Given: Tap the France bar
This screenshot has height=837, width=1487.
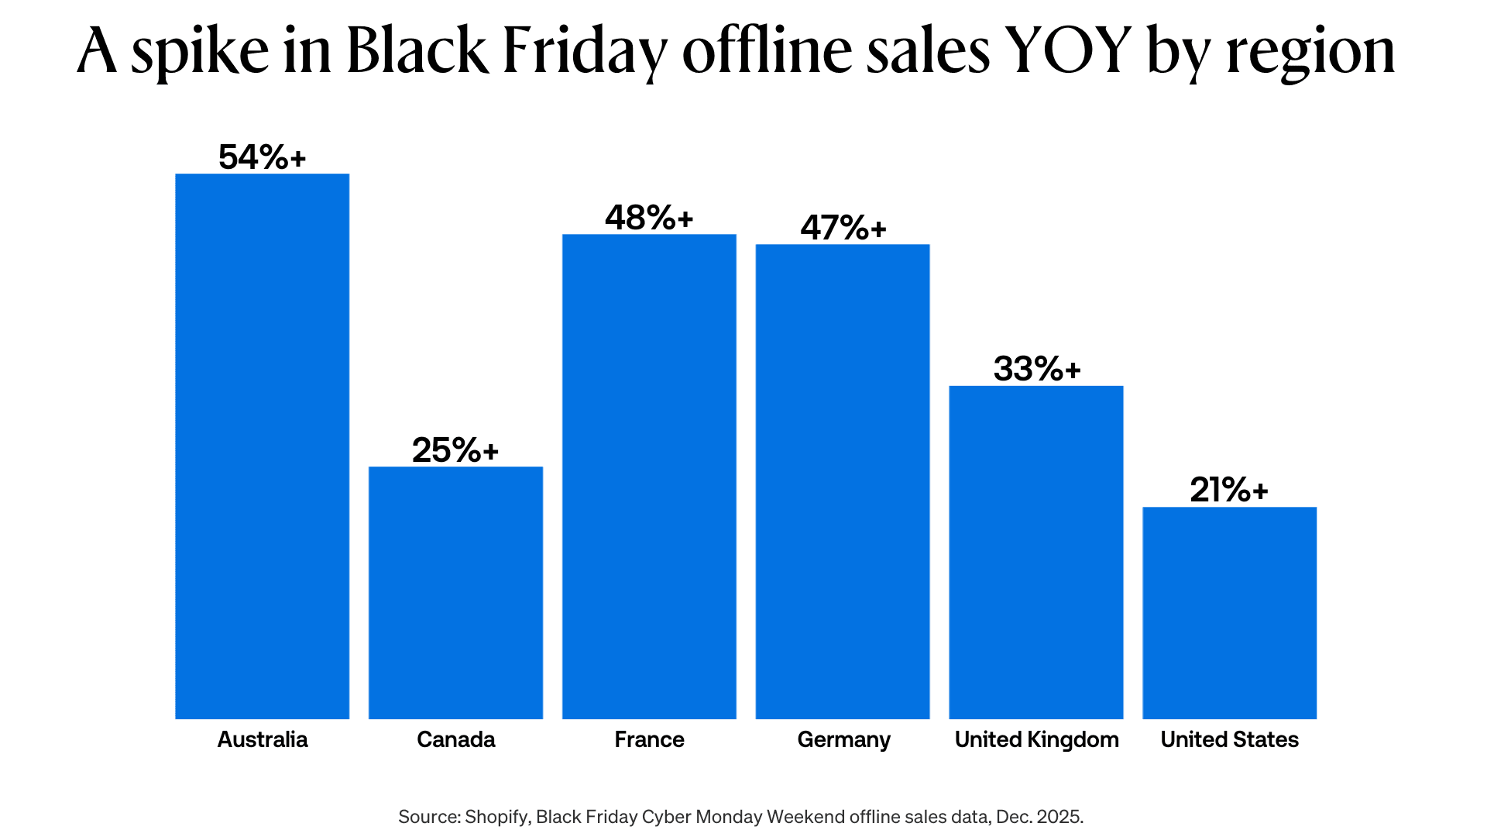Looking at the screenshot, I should click(x=649, y=476).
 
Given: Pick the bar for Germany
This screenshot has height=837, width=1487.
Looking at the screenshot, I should click(x=843, y=481).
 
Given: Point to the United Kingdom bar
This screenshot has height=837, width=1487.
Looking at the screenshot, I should click(x=1036, y=552).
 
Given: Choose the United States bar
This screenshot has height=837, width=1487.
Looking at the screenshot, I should click(x=1229, y=612).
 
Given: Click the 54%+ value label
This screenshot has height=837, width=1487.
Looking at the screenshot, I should click(x=262, y=157).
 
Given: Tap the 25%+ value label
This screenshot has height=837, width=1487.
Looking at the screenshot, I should click(x=455, y=450).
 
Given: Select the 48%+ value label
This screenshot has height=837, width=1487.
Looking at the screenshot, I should click(x=649, y=218).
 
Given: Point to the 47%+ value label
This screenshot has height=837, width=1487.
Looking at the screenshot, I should click(x=843, y=228).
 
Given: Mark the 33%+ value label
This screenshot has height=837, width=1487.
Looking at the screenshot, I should click(x=1036, y=369).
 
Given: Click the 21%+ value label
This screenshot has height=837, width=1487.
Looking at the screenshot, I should click(x=1229, y=490).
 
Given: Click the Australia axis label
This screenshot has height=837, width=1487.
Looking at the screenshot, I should click(x=262, y=739).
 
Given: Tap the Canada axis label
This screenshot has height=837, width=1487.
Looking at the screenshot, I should click(x=455, y=739).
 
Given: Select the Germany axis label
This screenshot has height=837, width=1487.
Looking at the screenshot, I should click(x=843, y=740).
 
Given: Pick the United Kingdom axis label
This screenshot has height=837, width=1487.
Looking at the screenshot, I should click(x=1036, y=739).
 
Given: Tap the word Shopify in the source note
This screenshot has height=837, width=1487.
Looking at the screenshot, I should click(x=497, y=817).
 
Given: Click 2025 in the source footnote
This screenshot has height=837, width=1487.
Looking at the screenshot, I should click(x=1059, y=817).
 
